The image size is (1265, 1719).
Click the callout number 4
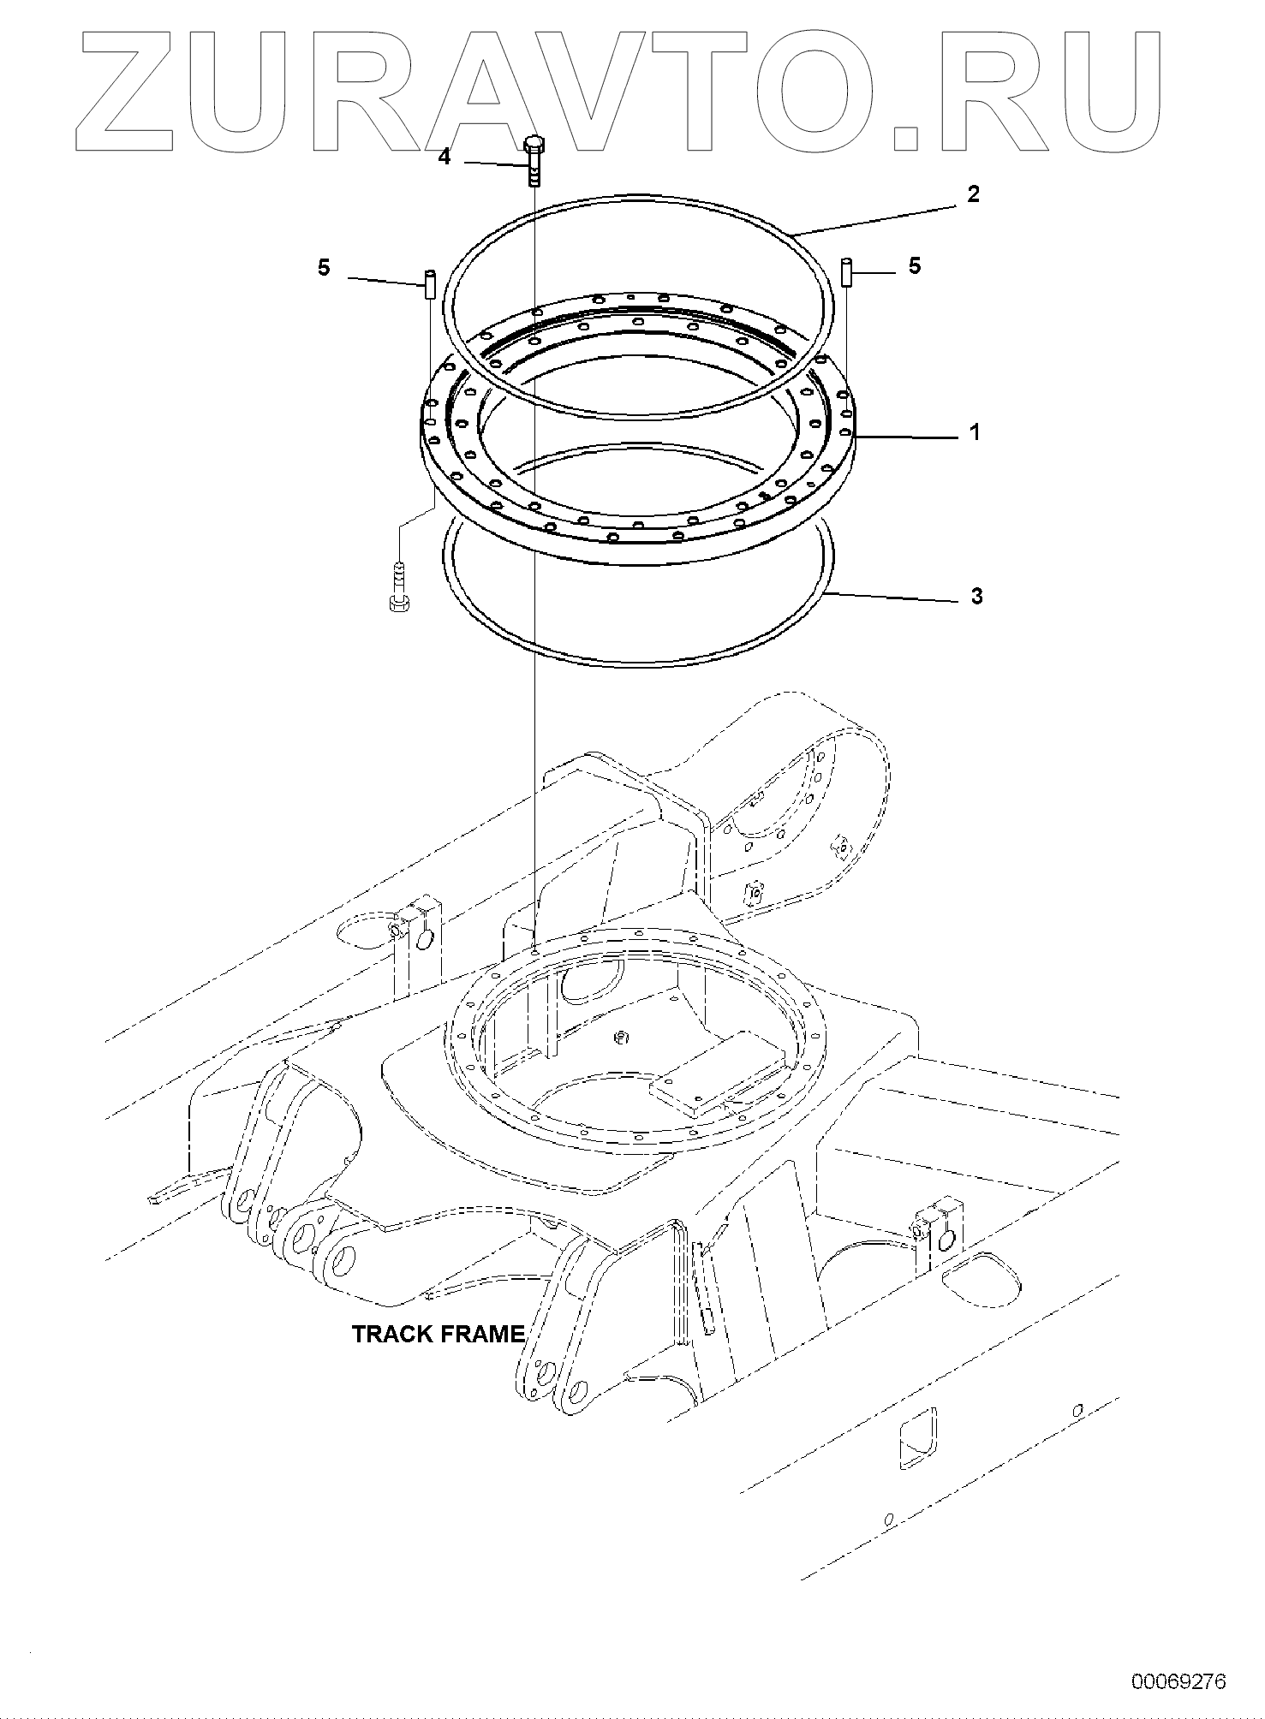pos(444,158)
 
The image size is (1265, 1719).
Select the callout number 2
pos(973,193)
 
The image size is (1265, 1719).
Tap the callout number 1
pos(974,432)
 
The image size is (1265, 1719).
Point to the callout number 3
pos(977,596)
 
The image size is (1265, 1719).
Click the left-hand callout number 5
pos(324,267)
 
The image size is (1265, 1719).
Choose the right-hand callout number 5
pos(915,266)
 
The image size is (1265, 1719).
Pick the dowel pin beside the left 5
pos(431,283)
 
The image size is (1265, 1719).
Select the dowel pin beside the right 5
pos(846,273)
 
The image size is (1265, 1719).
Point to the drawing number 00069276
pos(1178,1680)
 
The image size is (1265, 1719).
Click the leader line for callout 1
pos(908,437)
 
